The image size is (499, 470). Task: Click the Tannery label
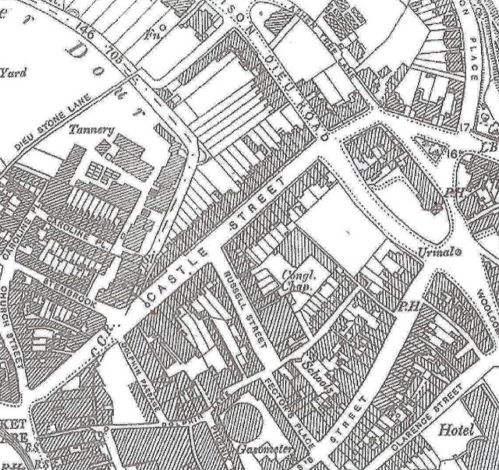(x=90, y=129)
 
